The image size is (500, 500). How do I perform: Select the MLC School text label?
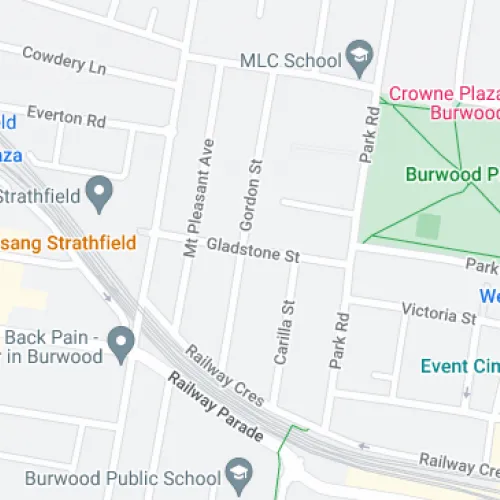coord(290,60)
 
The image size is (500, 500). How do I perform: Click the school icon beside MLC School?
coord(357,58)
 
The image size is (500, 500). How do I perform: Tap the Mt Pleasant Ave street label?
coord(200,198)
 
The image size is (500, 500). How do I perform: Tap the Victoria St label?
coord(439,313)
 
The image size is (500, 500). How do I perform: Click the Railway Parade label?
coord(214,408)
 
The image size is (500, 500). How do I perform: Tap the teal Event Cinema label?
coord(459,366)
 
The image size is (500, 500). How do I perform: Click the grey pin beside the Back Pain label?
coord(121,345)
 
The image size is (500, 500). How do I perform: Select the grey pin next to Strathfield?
coord(99,194)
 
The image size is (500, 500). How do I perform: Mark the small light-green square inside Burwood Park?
coord(428,225)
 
